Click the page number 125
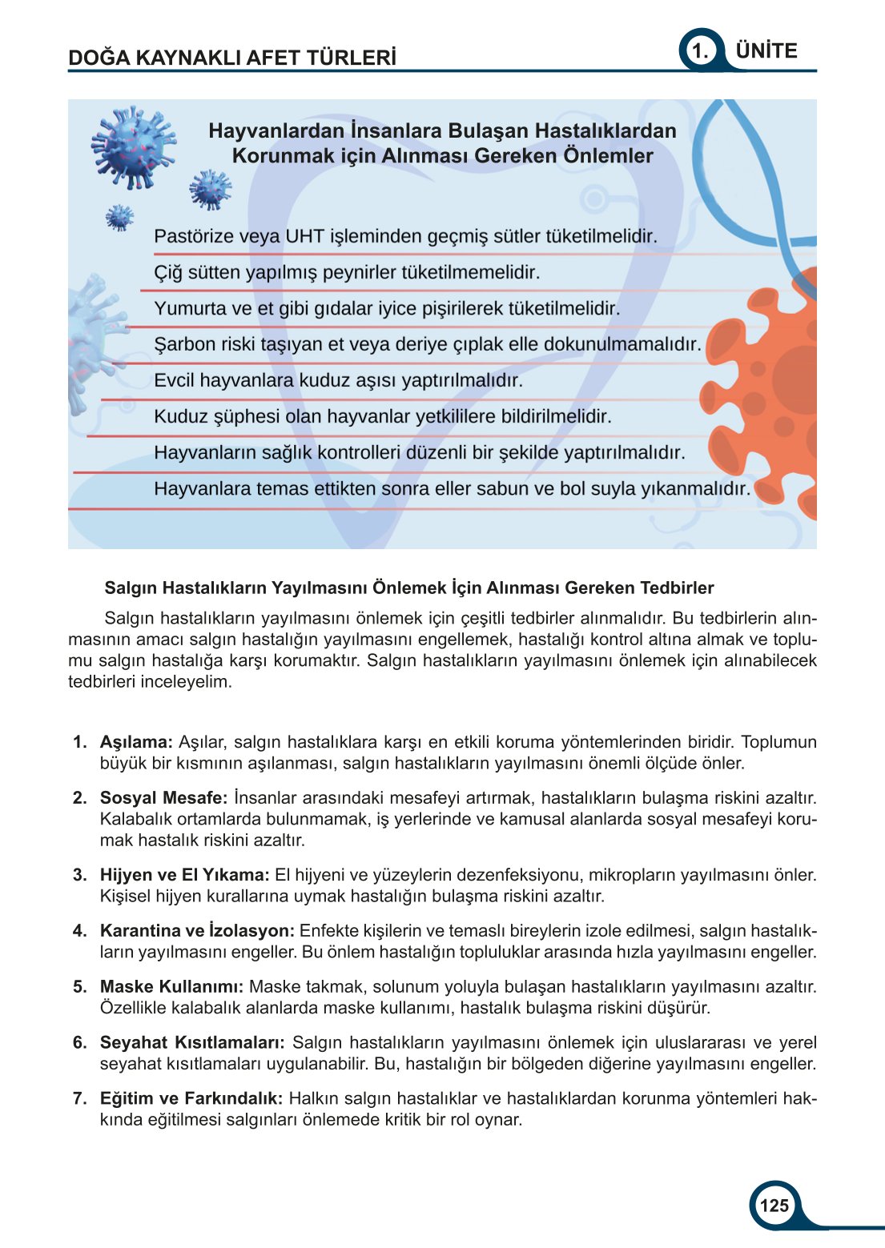click(774, 1206)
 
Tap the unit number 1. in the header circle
click(700, 52)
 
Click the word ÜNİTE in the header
click(766, 51)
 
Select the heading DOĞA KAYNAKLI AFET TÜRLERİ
click(232, 58)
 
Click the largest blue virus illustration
click(133, 147)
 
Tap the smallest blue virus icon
click(119, 217)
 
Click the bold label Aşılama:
click(136, 742)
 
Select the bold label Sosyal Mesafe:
click(163, 798)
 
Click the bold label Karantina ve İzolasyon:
click(197, 931)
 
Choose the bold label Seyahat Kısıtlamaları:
click(192, 1043)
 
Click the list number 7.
click(79, 1099)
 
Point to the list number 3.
click(79, 875)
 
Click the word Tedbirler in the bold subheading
click(677, 588)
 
